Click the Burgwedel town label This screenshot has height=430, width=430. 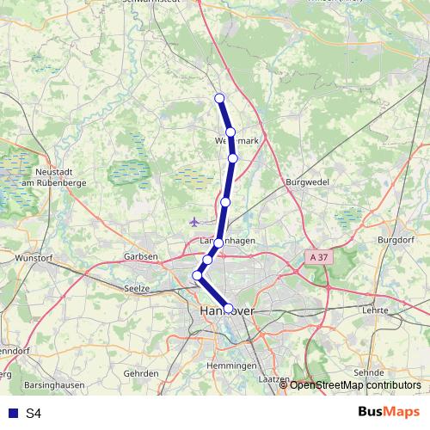tap(305, 183)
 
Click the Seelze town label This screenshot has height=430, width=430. tap(138, 288)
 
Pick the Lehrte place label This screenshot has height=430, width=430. tap(377, 309)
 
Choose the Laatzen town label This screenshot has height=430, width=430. tap(273, 378)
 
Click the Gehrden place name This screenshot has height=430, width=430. tap(141, 373)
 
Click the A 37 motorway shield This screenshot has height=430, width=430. tap(317, 256)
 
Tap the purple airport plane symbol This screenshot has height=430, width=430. tap(195, 222)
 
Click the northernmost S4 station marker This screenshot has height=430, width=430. tap(219, 98)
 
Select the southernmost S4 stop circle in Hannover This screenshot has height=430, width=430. tap(229, 307)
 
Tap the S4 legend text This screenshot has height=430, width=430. tap(34, 414)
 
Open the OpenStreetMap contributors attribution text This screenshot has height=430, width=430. tap(355, 385)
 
